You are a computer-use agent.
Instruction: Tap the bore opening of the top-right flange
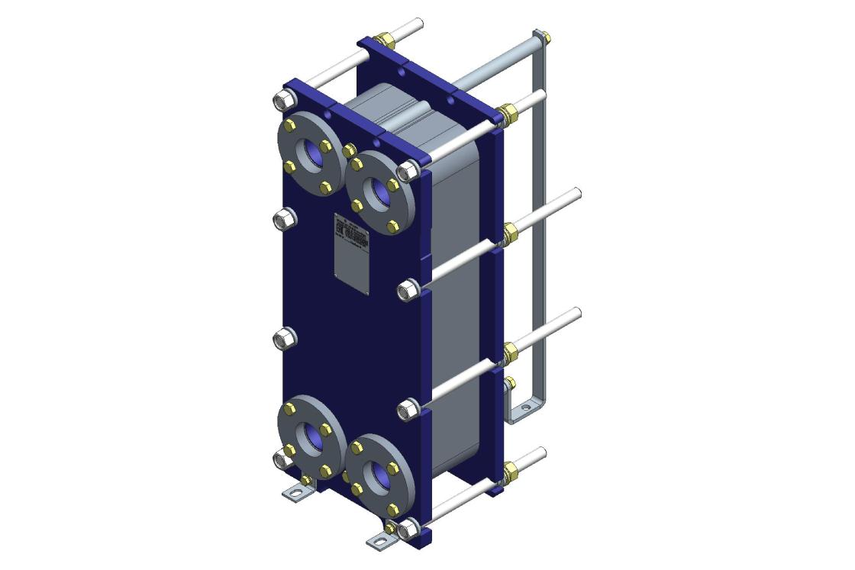(380, 194)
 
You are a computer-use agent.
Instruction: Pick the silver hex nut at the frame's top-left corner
(282, 101)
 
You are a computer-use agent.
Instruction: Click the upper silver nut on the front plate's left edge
(282, 219)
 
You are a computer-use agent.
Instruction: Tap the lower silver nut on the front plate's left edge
(282, 337)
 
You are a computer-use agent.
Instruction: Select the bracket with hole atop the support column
(543, 36)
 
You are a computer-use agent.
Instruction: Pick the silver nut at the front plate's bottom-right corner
(407, 527)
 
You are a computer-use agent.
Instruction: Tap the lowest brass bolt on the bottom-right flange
(393, 510)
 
